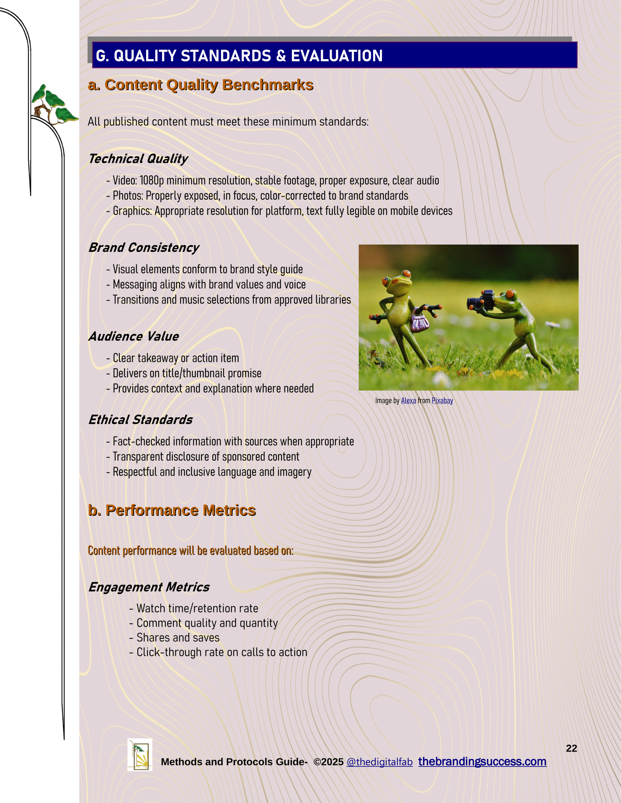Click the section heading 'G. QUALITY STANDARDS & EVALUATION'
click(x=239, y=56)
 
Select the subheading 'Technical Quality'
click(x=138, y=159)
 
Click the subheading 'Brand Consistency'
click(x=144, y=248)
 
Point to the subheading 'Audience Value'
click(x=134, y=337)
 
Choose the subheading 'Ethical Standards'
click(x=140, y=420)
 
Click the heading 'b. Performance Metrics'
click(x=172, y=510)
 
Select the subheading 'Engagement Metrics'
click(x=149, y=587)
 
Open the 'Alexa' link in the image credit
click(x=408, y=401)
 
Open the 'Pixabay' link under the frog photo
click(x=442, y=401)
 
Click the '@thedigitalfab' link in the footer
click(x=379, y=762)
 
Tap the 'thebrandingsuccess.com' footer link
click(x=482, y=761)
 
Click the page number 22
click(x=571, y=748)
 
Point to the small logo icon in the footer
click(x=140, y=755)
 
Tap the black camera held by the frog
click(x=482, y=300)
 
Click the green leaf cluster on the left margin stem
click(x=55, y=105)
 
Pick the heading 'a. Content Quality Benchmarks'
click(x=201, y=85)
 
